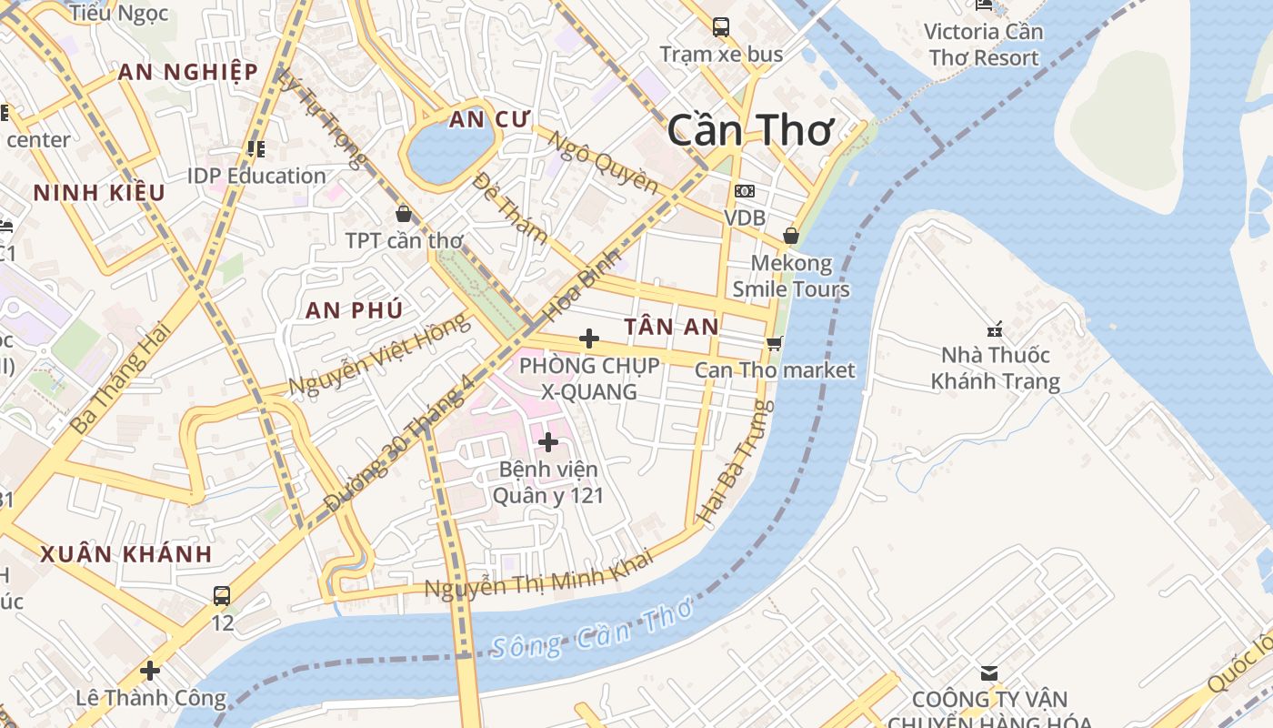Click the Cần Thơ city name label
point(749,132)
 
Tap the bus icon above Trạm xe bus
point(721,27)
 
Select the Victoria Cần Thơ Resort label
point(982,45)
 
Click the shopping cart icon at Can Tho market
point(774,343)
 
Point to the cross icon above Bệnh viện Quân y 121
point(548,442)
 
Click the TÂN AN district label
point(672,327)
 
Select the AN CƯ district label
point(489,119)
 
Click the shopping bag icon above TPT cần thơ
point(404,214)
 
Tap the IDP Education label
point(256,176)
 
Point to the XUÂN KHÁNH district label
point(126,554)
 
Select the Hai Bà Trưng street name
point(736,460)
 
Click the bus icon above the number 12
point(222,596)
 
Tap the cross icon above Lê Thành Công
point(150,671)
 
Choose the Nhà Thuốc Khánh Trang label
point(995,368)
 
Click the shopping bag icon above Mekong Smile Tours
point(791,236)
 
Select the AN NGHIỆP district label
point(187,72)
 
